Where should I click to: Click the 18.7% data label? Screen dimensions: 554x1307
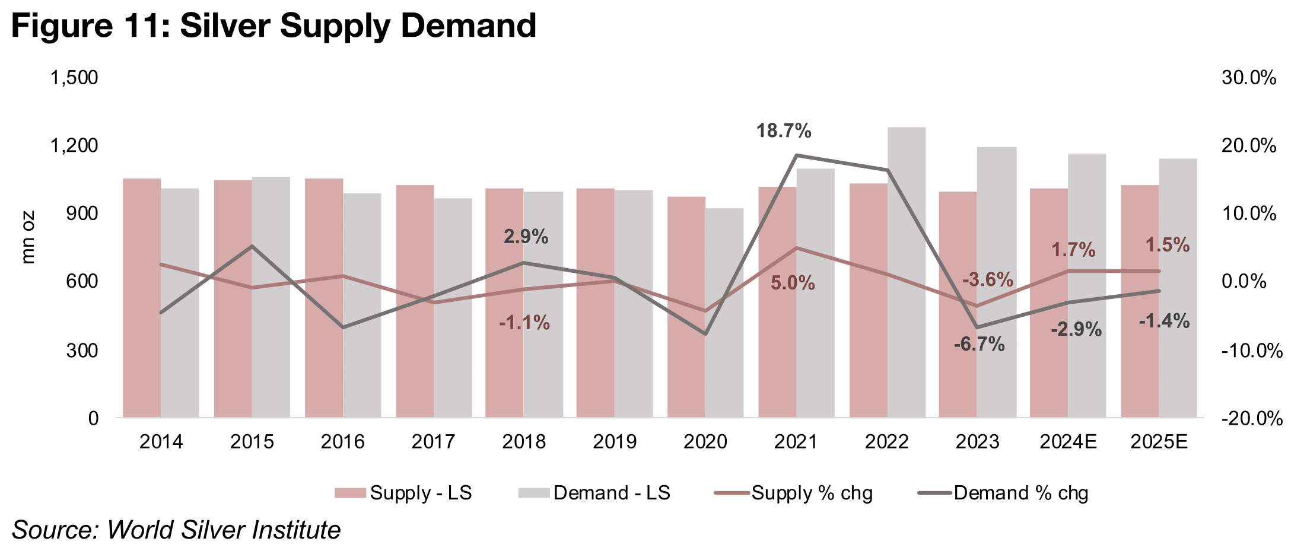783,131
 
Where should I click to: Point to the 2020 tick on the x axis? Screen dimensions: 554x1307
705,442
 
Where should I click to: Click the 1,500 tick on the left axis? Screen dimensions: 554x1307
74,78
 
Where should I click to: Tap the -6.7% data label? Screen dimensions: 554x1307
979,344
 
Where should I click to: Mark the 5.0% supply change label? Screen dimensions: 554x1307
793,284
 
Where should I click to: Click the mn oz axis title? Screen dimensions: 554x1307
28,237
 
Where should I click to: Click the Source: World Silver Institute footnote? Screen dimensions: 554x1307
176,530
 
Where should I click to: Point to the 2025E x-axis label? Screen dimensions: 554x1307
1159,442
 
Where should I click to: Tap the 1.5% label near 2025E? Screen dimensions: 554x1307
1167,245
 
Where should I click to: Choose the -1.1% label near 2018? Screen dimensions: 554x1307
524,323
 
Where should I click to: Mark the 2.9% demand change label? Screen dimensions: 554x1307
526,237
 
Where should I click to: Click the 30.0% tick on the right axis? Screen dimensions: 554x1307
1248,78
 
